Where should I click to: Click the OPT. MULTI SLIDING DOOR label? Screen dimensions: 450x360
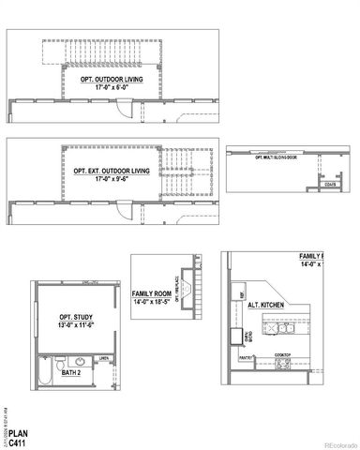[x=276, y=157]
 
